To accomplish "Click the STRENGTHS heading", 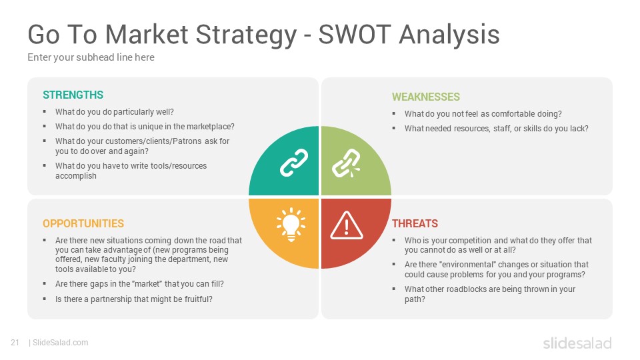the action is (x=73, y=95).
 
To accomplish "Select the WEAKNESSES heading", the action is (x=426, y=97).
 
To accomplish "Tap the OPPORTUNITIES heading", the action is (x=83, y=223).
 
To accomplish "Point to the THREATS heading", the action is (x=415, y=223).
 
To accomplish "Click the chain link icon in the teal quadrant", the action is (x=294, y=163).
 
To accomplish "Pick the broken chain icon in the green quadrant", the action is (x=346, y=163).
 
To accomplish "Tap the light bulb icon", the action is (x=291, y=224).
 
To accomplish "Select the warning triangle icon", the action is (x=347, y=225).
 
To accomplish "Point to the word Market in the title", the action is (x=147, y=34).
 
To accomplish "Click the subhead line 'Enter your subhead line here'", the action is (x=91, y=57).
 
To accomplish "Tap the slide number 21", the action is (x=15, y=343).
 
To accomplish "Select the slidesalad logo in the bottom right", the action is (x=577, y=343).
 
